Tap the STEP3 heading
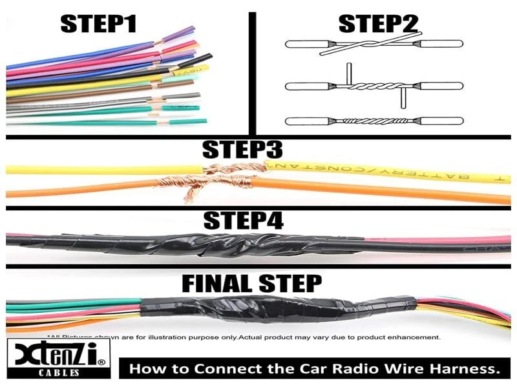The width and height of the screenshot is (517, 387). click(242, 150)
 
